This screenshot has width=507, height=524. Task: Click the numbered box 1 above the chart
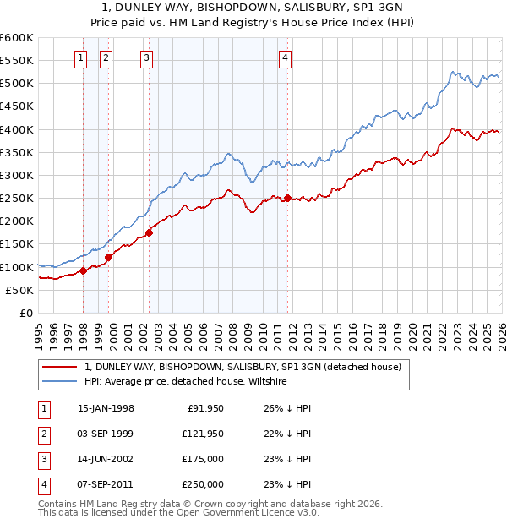pyautogui.click(x=80, y=58)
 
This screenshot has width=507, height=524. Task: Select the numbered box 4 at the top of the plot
pyautogui.click(x=286, y=58)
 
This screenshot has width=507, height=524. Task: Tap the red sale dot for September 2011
pyautogui.click(x=287, y=199)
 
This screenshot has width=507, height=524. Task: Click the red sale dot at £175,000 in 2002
pyautogui.click(x=149, y=232)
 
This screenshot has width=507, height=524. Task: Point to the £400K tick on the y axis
pyautogui.click(x=17, y=129)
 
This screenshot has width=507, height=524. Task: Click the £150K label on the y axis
pyautogui.click(x=17, y=244)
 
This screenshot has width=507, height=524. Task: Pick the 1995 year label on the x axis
pyautogui.click(x=39, y=334)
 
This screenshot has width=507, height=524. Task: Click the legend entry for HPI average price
pyautogui.click(x=186, y=381)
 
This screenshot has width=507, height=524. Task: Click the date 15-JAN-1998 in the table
pyautogui.click(x=106, y=408)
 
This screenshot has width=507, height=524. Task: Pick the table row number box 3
pyautogui.click(x=43, y=459)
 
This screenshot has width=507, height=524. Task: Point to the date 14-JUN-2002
pyautogui.click(x=106, y=459)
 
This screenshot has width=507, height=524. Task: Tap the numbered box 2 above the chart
pyautogui.click(x=106, y=58)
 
